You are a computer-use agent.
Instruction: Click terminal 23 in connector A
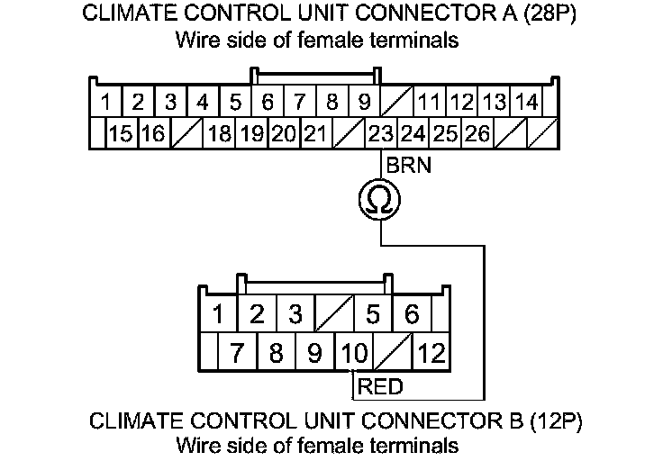381,135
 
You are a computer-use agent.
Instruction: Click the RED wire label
380,388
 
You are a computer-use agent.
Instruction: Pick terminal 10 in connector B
353,353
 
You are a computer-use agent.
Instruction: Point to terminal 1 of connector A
106,102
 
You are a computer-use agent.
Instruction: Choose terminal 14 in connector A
528,102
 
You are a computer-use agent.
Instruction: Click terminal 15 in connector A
122,135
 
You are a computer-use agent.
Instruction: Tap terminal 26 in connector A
478,135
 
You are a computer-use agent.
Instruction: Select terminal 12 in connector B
431,353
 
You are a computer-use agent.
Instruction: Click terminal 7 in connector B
237,353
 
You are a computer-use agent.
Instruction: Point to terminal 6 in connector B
413,315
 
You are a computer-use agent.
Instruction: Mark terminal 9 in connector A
365,102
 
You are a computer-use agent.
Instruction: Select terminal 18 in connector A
219,135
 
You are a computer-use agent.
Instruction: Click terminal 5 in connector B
373,315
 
